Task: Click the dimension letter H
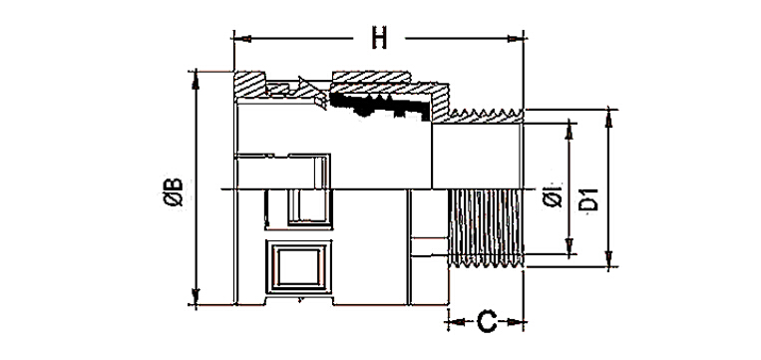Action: pyautogui.click(x=379, y=38)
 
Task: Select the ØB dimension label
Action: pyautogui.click(x=174, y=192)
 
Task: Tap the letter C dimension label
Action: pyautogui.click(x=487, y=322)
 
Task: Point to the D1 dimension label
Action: pyautogui.click(x=589, y=199)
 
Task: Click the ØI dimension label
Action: pyautogui.click(x=553, y=197)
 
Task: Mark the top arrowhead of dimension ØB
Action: pyautogui.click(x=195, y=80)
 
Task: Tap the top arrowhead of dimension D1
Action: pyautogui.click(x=609, y=118)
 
